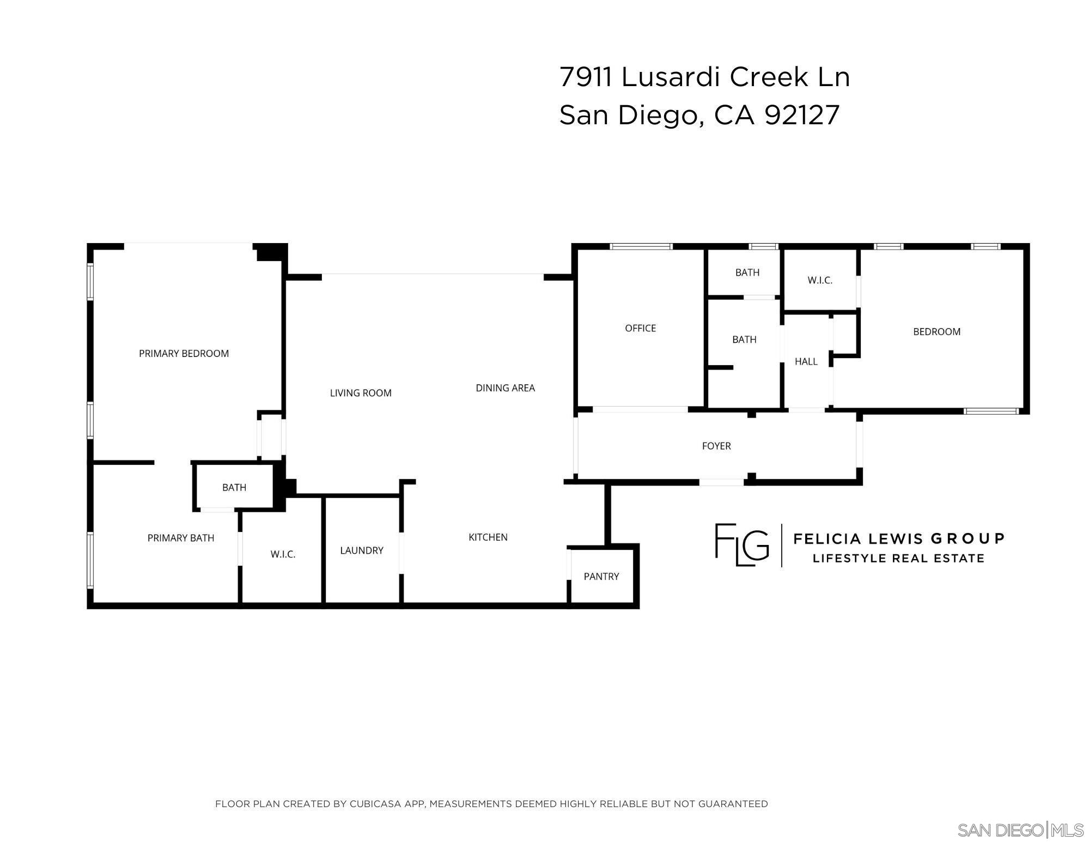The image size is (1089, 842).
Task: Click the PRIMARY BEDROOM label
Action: (184, 353)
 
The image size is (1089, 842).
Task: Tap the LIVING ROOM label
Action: (361, 393)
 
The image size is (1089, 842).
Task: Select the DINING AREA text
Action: (505, 388)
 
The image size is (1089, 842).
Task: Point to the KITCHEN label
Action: (488, 537)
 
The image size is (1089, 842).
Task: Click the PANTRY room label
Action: (601, 577)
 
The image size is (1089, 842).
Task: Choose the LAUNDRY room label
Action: (362, 550)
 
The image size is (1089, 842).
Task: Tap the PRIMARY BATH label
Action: (181, 538)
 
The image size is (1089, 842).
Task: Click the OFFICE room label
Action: (640, 328)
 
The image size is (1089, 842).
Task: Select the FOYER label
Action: (716, 446)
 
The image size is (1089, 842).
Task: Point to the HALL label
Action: (806, 361)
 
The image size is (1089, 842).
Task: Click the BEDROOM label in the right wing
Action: (936, 331)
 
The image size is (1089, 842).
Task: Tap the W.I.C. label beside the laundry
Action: (283, 554)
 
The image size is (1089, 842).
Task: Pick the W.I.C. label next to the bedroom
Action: (819, 280)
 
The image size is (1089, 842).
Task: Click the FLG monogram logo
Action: (741, 544)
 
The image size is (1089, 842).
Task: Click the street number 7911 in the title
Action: (586, 77)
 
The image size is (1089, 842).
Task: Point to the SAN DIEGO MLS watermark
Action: (1020, 830)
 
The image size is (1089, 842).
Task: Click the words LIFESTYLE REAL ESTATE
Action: (898, 559)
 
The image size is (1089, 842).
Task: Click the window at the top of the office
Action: (641, 246)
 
